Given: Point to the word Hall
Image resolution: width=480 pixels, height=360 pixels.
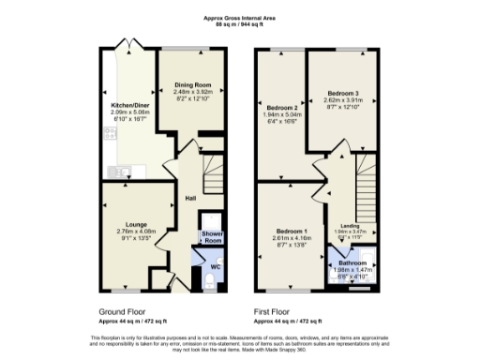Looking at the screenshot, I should (189, 199).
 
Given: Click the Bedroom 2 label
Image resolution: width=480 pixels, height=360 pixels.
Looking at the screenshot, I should (282, 108).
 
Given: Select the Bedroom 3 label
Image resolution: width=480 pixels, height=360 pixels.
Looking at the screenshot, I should (343, 93).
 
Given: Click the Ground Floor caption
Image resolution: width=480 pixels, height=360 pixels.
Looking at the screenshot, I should (123, 309).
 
